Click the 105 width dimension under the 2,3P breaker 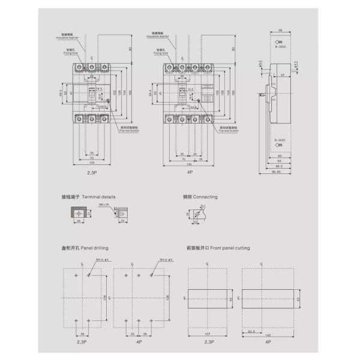pyautogui.click(x=92, y=162)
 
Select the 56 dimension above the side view pyautogui.click(x=281, y=29)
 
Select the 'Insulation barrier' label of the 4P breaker pyautogui.click(x=157, y=37)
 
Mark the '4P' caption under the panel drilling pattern pyautogui.click(x=138, y=341)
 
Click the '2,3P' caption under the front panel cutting pyautogui.click(x=208, y=341)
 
